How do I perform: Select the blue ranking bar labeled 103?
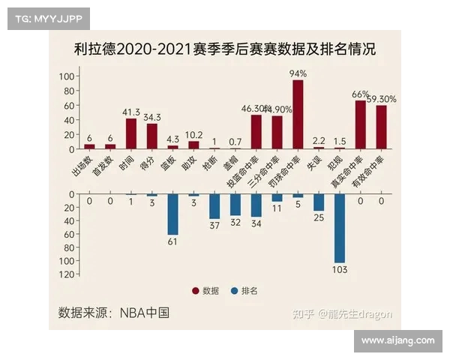pyautogui.click(x=340, y=228)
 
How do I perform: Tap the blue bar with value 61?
pyautogui.click(x=172, y=214)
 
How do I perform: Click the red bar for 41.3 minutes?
pyautogui.click(x=131, y=133)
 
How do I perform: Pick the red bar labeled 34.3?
pyautogui.click(x=152, y=135)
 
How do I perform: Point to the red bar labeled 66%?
pyautogui.click(x=361, y=124)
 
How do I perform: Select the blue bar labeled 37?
pyautogui.click(x=214, y=206)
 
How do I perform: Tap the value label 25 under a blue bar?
pyautogui.click(x=319, y=217)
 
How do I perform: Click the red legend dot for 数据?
pyautogui.click(x=196, y=291)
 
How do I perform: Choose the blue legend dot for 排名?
pyautogui.click(x=234, y=291)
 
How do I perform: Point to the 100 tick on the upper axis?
pyautogui.click(x=66, y=76)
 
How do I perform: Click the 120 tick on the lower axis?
pyautogui.click(x=66, y=274)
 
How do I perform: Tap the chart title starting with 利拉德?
pyautogui.click(x=224, y=50)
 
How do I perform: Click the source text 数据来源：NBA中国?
pyautogui.click(x=113, y=312)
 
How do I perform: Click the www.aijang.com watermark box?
pyautogui.click(x=397, y=340)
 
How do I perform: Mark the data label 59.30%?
pyautogui.click(x=382, y=98)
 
